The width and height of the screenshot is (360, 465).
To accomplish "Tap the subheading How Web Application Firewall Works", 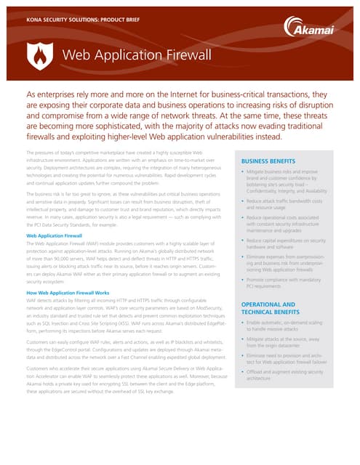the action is pos(69,292).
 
